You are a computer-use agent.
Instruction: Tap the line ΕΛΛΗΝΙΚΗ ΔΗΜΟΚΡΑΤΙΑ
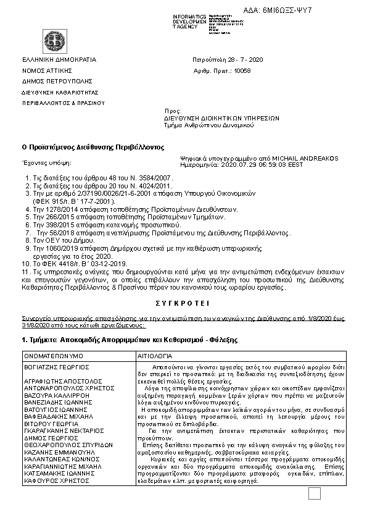(59, 60)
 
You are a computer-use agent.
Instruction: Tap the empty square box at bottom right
(315, 493)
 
